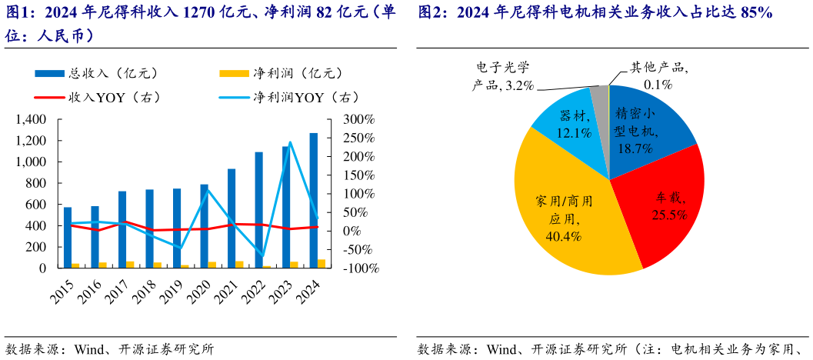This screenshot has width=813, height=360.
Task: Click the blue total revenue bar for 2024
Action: coord(313,200)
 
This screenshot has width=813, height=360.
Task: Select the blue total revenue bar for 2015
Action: coord(68,238)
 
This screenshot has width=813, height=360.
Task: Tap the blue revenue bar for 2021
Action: coord(231,218)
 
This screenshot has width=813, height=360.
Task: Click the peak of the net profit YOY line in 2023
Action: coord(290,142)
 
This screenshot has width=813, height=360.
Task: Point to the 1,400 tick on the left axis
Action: coord(31,120)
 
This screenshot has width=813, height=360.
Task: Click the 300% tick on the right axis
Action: coord(358,120)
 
